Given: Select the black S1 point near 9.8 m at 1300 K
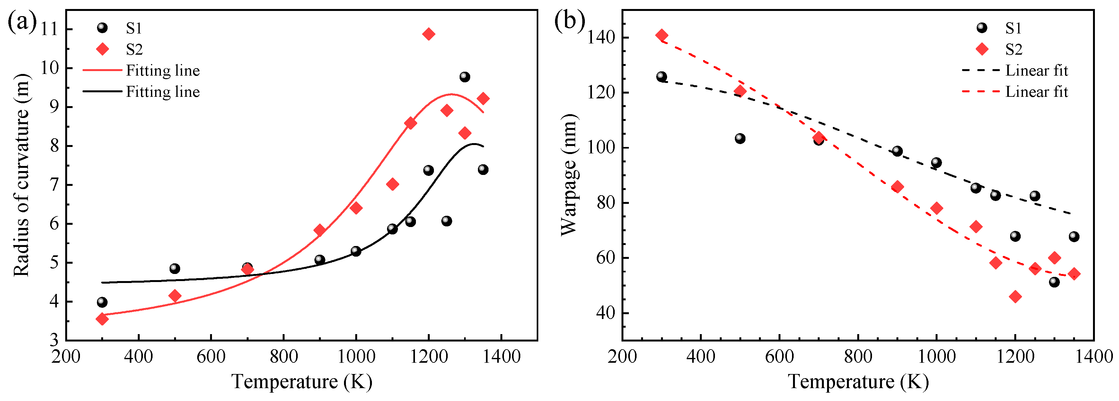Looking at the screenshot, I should tap(464, 77).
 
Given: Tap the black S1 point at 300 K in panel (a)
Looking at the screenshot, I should tap(102, 302).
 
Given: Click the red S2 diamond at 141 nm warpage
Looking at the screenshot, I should tap(662, 35).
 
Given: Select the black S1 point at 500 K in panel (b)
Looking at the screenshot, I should tap(740, 139).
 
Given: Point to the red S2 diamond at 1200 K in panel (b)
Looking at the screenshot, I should tap(1015, 296).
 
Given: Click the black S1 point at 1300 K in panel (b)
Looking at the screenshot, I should tap(1054, 282).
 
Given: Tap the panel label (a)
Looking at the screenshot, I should tap(22, 22).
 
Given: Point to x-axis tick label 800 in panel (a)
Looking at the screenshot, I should tap(283, 357).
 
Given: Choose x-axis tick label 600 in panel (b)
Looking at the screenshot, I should tap(779, 357).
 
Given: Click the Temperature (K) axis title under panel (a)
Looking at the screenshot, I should tap(302, 382).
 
